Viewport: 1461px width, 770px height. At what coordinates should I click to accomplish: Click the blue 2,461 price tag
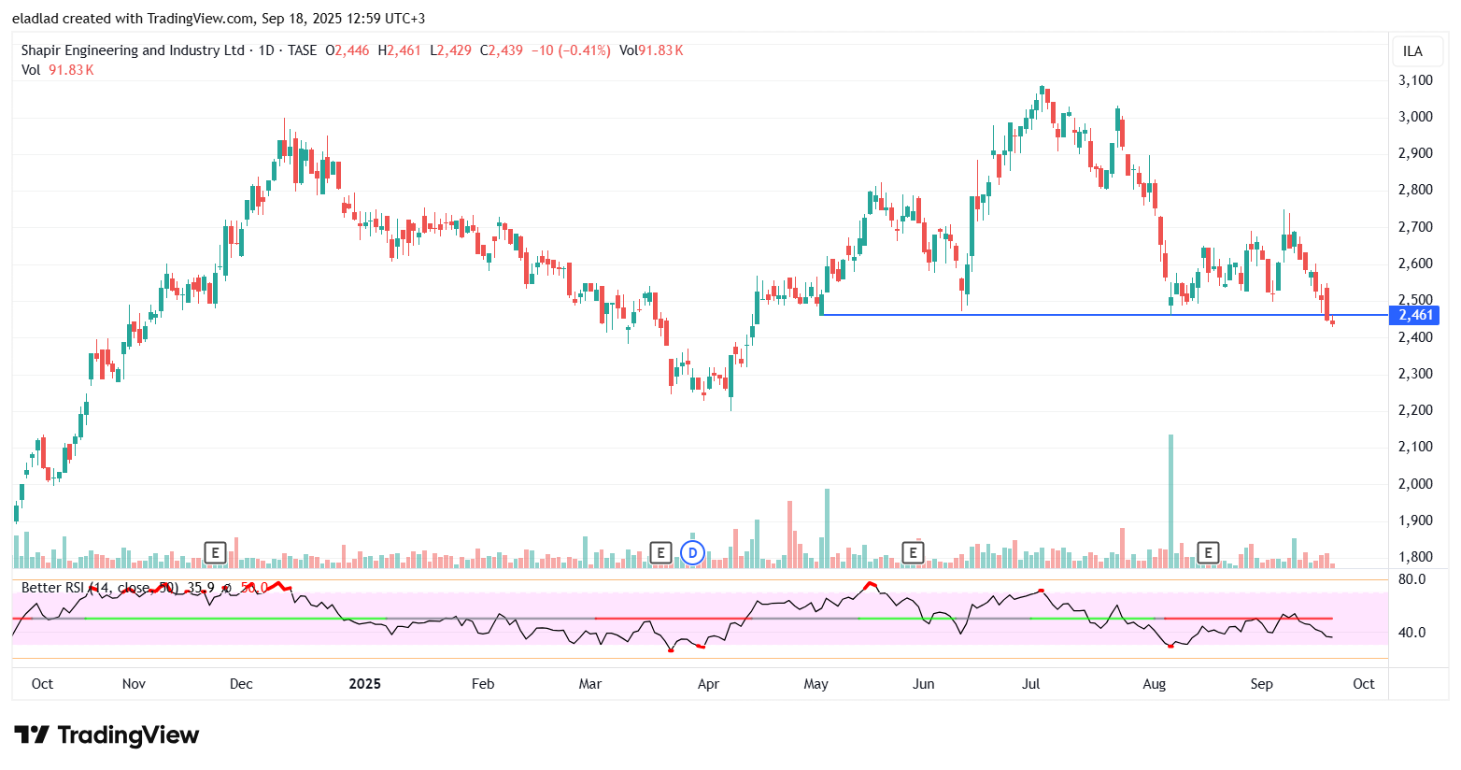pyautogui.click(x=1415, y=315)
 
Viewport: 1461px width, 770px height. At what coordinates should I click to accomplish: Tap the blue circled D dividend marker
pyautogui.click(x=692, y=552)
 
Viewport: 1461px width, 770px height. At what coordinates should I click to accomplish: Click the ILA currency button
pyautogui.click(x=1412, y=51)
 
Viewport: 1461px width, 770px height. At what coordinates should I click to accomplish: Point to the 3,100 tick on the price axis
pyautogui.click(x=1415, y=80)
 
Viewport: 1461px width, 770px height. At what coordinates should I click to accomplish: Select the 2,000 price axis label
pyautogui.click(x=1415, y=484)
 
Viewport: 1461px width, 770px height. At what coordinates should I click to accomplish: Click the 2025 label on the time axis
pyautogui.click(x=364, y=684)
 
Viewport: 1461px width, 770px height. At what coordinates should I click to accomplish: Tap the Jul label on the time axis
pyautogui.click(x=1031, y=684)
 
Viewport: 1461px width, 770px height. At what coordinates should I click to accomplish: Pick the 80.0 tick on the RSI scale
pyautogui.click(x=1412, y=579)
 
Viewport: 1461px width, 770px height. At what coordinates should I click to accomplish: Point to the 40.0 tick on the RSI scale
pyautogui.click(x=1412, y=633)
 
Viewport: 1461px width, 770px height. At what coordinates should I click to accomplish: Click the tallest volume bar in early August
pyautogui.click(x=1170, y=500)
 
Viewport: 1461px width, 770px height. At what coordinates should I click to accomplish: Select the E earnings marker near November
pyautogui.click(x=215, y=552)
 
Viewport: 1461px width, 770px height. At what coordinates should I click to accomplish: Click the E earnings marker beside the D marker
pyautogui.click(x=660, y=552)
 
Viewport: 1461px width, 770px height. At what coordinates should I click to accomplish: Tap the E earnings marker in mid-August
pyautogui.click(x=1208, y=552)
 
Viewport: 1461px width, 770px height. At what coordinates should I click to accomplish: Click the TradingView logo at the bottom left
pyautogui.click(x=106, y=735)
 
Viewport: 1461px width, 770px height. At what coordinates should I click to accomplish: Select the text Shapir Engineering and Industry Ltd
pyautogui.click(x=133, y=50)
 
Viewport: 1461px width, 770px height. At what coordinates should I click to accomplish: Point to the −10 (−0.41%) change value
pyautogui.click(x=571, y=50)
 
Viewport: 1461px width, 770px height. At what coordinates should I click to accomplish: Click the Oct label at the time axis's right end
pyautogui.click(x=1364, y=684)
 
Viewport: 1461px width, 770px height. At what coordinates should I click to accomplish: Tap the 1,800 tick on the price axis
pyautogui.click(x=1415, y=557)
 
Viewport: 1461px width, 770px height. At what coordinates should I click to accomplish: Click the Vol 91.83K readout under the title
pyautogui.click(x=58, y=70)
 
